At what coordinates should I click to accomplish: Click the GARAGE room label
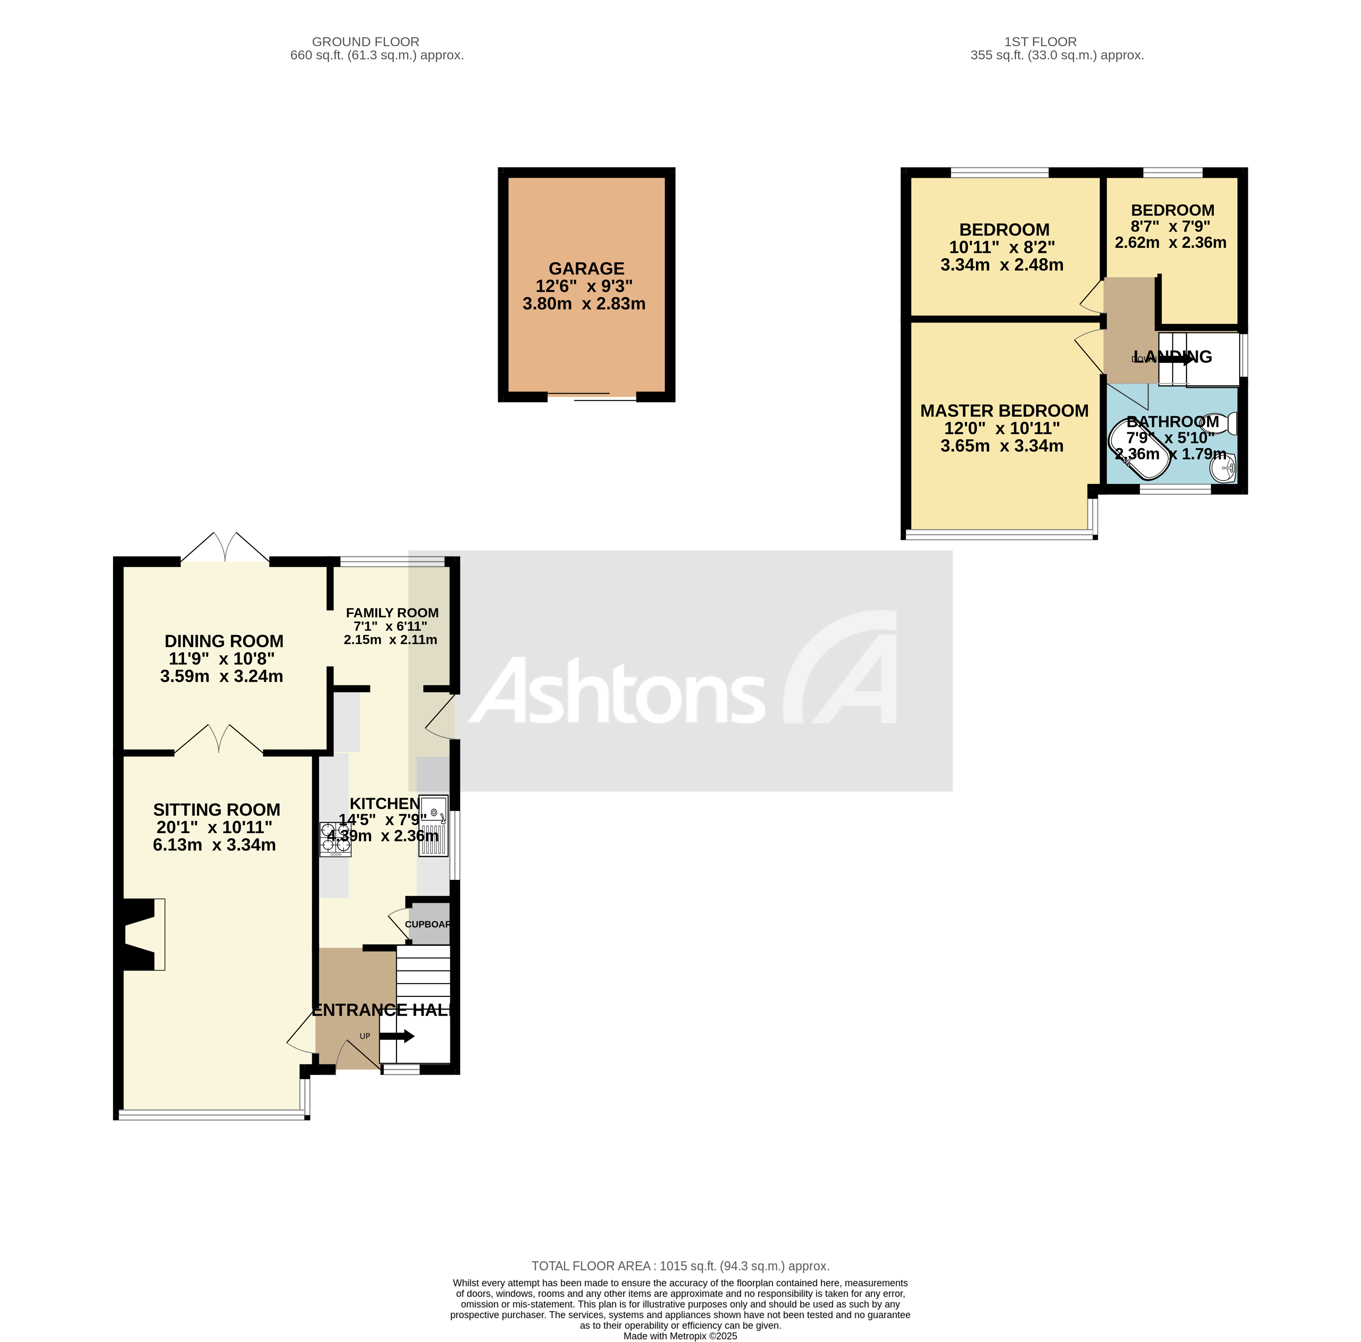pos(586,269)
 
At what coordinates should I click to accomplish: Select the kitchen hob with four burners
pos(335,839)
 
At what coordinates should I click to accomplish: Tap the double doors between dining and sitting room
pos(219,740)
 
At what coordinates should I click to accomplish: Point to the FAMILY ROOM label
pos(392,613)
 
